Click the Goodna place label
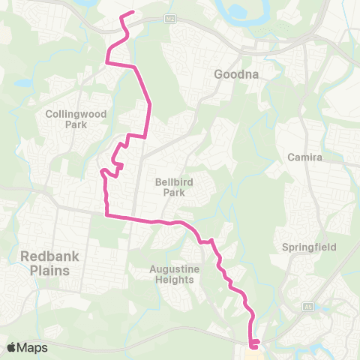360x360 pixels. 236,74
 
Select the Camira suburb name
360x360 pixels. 304,157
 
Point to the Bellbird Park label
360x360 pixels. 173,186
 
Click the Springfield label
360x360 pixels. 309,247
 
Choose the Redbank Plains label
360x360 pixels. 50,262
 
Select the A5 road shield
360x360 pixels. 307,307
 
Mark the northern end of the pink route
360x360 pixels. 132,13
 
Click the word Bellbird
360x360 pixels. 173,181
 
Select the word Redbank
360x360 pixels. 50,255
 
